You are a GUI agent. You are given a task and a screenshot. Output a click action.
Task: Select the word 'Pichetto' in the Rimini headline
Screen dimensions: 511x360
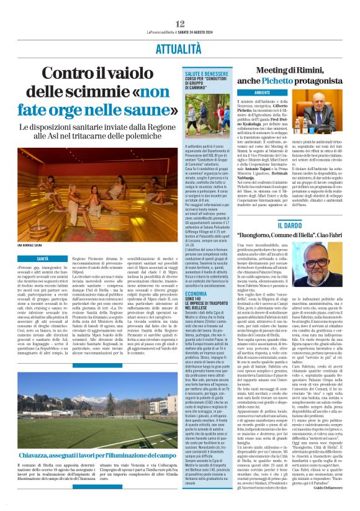(304, 81)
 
